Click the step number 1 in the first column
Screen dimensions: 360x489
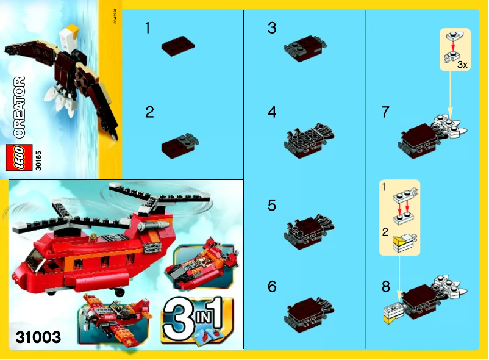[x=148, y=28]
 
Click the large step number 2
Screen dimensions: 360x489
[x=149, y=112]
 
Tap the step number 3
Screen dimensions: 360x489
[x=272, y=28]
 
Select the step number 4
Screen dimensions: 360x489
[x=272, y=112]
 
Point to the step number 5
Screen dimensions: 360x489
[x=272, y=205]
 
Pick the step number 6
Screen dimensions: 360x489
[x=272, y=285]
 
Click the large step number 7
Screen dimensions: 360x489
[x=385, y=112]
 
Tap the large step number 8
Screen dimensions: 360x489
[x=385, y=285]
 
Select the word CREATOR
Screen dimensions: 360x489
[x=19, y=107]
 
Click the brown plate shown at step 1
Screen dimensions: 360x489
[x=177, y=48]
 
